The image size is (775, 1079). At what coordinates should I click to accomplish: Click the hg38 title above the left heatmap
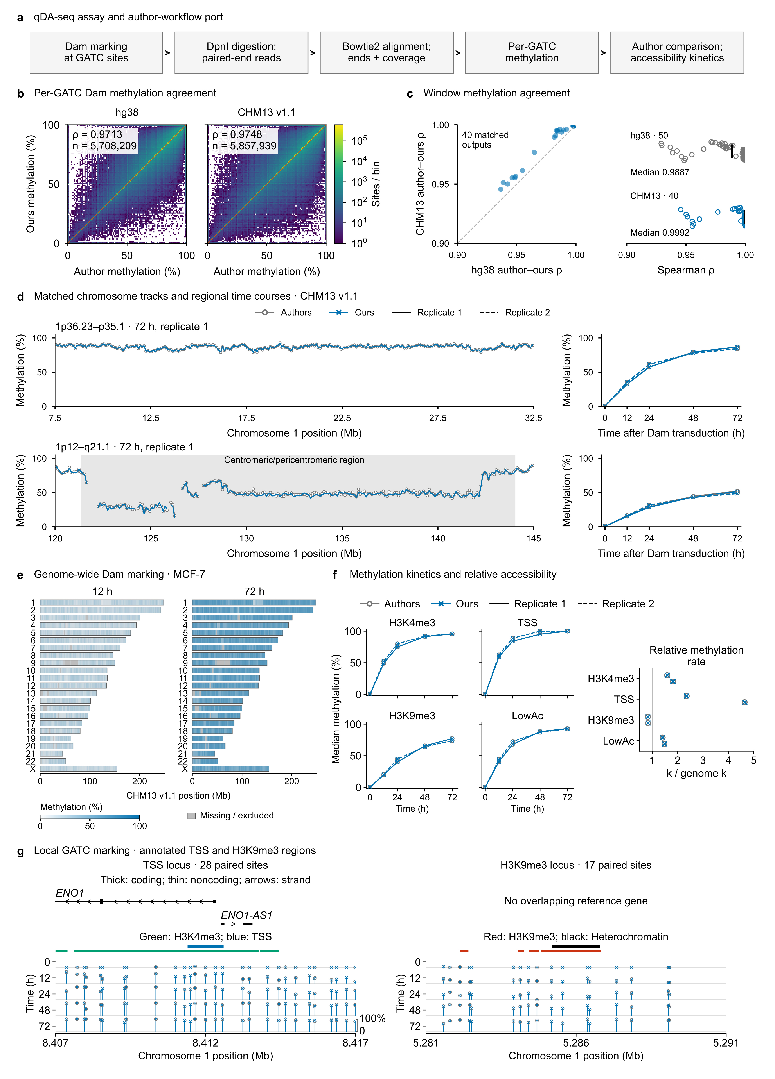[x=127, y=112]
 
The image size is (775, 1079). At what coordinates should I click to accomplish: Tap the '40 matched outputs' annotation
[x=485, y=140]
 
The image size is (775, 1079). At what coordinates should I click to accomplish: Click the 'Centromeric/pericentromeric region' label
[x=294, y=460]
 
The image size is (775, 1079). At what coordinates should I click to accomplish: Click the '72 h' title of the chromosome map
[x=254, y=591]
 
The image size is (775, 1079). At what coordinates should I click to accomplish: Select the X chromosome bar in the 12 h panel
[x=79, y=769]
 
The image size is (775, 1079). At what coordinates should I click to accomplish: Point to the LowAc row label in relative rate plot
[x=618, y=741]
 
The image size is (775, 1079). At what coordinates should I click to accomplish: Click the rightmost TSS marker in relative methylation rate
[x=744, y=702]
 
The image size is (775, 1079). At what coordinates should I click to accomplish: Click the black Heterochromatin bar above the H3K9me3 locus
[x=576, y=946]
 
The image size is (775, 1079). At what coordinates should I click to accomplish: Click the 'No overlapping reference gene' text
[x=576, y=901]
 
